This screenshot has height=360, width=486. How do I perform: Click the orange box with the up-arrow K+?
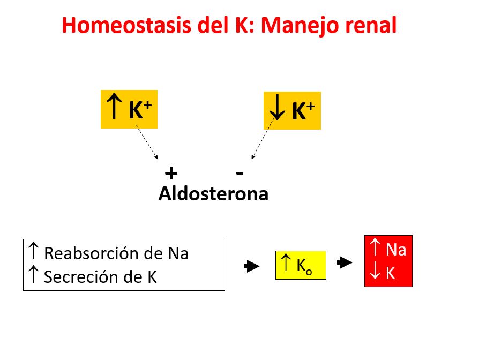click(x=129, y=109)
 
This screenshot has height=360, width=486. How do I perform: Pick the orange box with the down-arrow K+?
click(x=292, y=110)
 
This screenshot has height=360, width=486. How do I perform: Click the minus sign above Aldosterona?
click(x=240, y=172)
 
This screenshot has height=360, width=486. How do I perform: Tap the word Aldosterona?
click(x=213, y=193)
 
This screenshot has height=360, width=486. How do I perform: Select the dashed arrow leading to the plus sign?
click(x=147, y=142)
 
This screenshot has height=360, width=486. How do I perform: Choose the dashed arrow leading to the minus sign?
click(x=262, y=140)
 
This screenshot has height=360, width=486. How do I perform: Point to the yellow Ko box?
click(x=301, y=265)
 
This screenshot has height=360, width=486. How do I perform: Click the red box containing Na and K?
click(x=388, y=261)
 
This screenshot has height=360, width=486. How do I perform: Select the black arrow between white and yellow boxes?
click(x=252, y=266)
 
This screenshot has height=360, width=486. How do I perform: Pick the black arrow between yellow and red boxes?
click(x=345, y=263)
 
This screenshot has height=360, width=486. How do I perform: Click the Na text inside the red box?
click(x=395, y=250)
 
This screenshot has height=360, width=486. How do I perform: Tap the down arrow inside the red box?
click(x=375, y=273)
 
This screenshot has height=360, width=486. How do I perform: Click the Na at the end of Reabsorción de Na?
click(x=178, y=253)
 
